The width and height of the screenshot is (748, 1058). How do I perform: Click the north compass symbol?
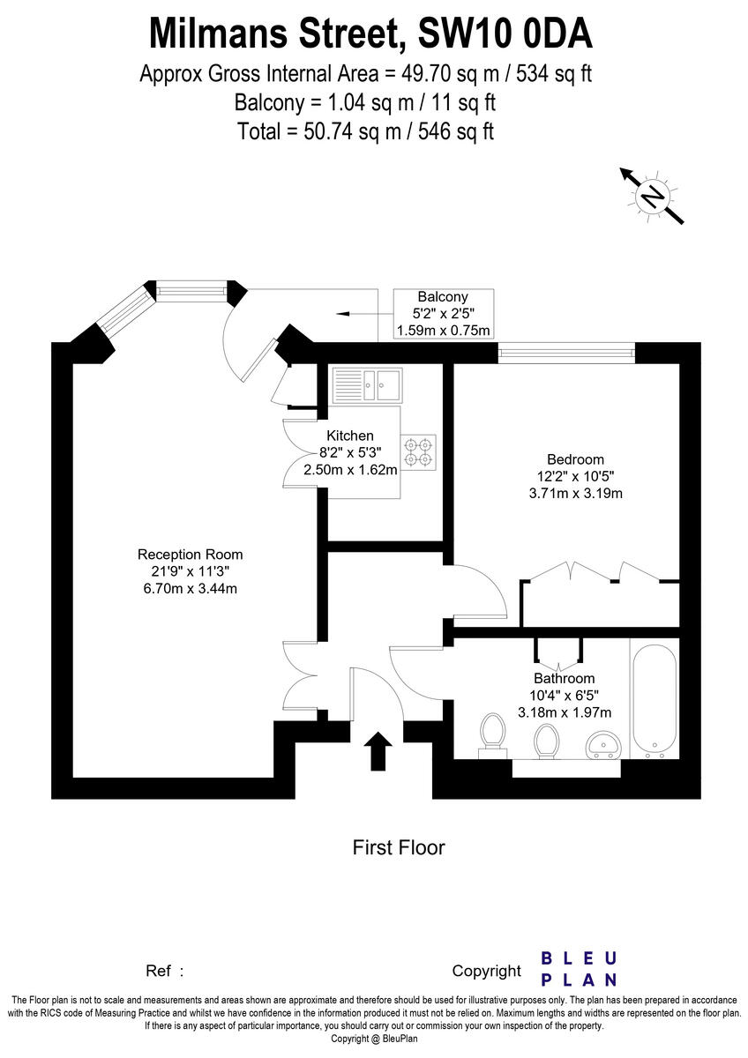[652, 196]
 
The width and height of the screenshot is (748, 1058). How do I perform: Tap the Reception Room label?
[190, 555]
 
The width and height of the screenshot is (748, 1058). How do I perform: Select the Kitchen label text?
[350, 436]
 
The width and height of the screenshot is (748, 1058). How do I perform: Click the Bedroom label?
[575, 459]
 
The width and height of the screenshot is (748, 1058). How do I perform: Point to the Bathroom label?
[564, 678]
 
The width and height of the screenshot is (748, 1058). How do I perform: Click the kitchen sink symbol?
[367, 384]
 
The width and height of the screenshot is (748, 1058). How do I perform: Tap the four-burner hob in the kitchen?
[419, 451]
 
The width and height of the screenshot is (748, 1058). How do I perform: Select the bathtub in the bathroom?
[654, 700]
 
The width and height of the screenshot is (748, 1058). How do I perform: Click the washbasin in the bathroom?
[605, 746]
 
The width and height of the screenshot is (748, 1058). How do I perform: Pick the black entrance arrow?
[379, 750]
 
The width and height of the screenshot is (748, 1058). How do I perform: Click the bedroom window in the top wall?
[565, 354]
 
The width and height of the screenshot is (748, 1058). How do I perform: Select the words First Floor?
[399, 848]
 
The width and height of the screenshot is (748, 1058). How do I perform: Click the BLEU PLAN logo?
[578, 968]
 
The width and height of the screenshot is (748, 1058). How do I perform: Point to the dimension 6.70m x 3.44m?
[190, 589]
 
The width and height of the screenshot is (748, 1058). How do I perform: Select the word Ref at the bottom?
[158, 971]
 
